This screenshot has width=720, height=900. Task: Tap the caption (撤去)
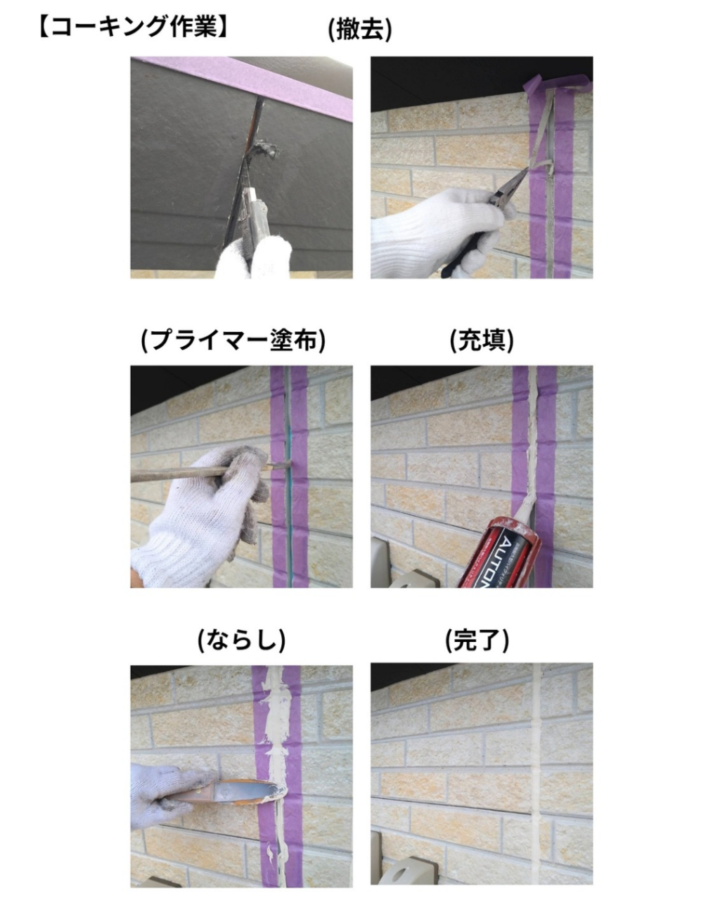tap(360, 30)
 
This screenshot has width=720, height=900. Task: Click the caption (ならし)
tap(241, 639)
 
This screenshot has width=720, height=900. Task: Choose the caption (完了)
tap(477, 639)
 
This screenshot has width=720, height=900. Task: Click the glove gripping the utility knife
tap(255, 257)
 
